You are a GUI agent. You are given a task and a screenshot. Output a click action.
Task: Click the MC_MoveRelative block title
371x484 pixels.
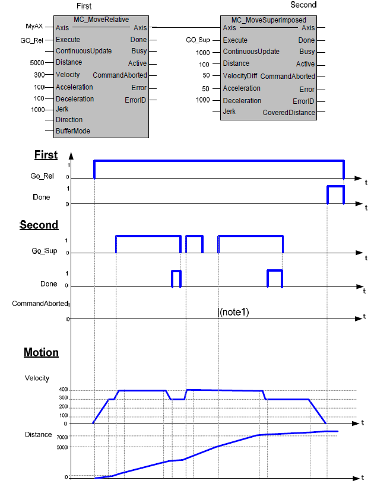click(102, 20)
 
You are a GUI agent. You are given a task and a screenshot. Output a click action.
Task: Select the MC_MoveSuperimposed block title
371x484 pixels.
click(269, 20)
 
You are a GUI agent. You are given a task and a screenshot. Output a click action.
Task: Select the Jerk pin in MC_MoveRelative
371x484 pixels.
click(62, 109)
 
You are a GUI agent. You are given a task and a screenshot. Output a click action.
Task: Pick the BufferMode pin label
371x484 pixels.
click(72, 130)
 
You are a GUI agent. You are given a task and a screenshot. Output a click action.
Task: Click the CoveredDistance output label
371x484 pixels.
click(288, 112)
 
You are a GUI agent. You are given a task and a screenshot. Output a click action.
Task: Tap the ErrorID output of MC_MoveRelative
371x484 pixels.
click(135, 100)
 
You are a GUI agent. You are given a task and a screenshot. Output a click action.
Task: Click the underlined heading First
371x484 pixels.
click(46, 155)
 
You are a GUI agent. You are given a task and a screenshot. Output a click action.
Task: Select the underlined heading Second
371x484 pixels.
click(39, 225)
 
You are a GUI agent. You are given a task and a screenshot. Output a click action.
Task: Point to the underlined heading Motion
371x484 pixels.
click(41, 352)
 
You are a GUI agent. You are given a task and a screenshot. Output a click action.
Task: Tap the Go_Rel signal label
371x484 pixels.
click(42, 177)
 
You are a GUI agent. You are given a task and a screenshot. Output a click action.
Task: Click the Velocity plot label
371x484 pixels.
click(37, 378)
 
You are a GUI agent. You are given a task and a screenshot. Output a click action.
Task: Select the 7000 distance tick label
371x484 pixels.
click(61, 437)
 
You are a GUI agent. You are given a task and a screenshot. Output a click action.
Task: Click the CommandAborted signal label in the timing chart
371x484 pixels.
click(40, 304)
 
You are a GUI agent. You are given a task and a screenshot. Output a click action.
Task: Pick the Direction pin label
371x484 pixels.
click(69, 120)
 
